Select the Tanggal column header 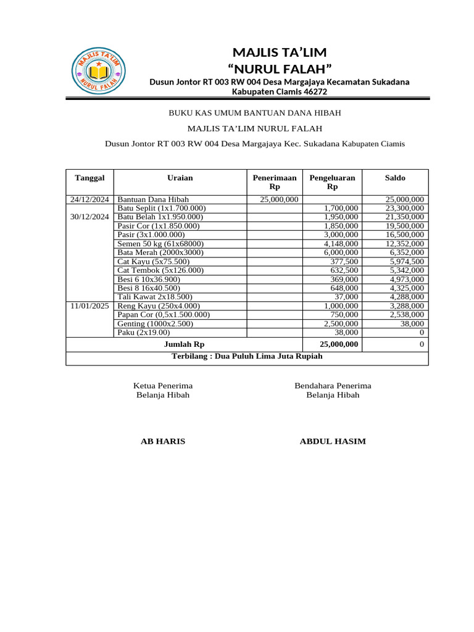click(90, 178)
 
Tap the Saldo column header click(395, 178)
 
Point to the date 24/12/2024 click(90, 199)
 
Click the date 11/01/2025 click(90, 306)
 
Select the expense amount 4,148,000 click(341, 244)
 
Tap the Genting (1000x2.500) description click(155, 323)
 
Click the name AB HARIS click(163, 441)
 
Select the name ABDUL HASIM click(333, 441)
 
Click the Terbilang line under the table click(247, 356)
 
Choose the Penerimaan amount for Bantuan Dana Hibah click(279, 199)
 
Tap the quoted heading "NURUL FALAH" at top click(280, 68)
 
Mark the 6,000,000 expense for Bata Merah click(341, 252)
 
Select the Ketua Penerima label click(163, 386)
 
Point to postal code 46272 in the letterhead click(315, 92)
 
